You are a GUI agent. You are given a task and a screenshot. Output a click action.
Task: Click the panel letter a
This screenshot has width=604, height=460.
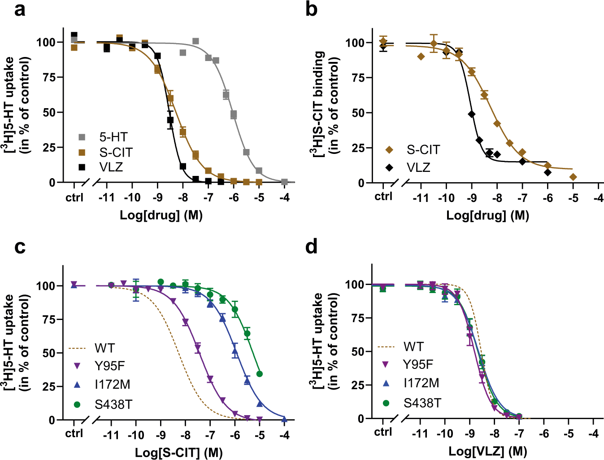pos(20,9)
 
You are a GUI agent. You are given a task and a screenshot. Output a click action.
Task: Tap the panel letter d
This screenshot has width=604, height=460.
pos(311,247)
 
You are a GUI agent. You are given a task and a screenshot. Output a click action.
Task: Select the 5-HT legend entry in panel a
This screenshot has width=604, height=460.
pos(113,137)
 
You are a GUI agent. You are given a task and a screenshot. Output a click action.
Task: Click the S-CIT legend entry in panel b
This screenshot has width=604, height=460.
pos(423,149)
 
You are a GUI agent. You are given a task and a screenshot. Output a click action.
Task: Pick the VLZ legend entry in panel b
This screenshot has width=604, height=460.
pos(418,167)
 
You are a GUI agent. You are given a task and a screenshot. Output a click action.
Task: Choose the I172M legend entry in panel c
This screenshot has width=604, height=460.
pos(112,385)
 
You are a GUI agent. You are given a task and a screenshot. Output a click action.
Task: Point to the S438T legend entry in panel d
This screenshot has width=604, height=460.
pos(422,403)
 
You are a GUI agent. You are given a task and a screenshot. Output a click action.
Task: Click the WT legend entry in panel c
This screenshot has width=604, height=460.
pos(104,348)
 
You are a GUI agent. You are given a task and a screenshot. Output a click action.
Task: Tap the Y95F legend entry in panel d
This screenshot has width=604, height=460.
pos(418,364)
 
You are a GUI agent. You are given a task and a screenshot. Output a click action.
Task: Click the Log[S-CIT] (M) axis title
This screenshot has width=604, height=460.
pos(179,452)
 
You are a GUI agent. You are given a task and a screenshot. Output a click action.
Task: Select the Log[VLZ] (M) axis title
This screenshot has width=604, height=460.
pos(488,451)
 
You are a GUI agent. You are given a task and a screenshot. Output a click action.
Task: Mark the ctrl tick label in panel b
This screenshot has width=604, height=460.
pos(383,196)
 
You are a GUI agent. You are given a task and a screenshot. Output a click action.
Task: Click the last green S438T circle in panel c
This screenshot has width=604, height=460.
pos(259,374)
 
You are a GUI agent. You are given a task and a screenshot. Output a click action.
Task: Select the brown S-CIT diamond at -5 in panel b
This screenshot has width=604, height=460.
pos(573,177)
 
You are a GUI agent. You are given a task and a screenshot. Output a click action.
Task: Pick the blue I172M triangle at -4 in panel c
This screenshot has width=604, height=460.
pos(284,418)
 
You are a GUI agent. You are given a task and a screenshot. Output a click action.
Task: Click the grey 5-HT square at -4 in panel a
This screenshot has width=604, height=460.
pos(284,182)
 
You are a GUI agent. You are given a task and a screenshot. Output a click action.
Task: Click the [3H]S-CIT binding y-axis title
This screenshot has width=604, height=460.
pos(325,103)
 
